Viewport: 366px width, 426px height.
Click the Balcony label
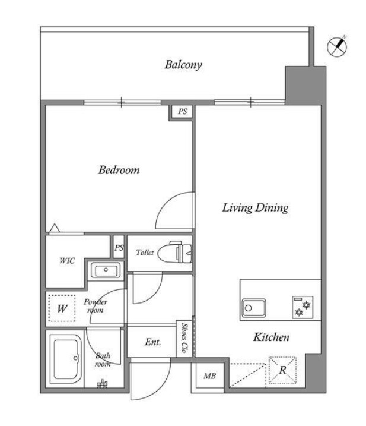183,65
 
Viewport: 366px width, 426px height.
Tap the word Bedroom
119,170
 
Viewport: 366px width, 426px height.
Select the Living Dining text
255,208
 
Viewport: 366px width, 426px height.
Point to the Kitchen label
271,337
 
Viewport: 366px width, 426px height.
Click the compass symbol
337,47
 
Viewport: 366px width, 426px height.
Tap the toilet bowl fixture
174,252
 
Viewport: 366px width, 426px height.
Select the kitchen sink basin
254,308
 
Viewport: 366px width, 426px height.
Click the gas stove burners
303,307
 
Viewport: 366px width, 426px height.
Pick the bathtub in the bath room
66,359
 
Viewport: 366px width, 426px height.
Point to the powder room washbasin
106,270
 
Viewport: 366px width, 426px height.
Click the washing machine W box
62,308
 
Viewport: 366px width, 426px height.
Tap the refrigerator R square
282,370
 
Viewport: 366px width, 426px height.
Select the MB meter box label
210,376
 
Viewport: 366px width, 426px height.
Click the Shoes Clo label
184,337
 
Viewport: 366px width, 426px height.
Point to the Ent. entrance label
153,342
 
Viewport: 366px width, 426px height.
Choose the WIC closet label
67,261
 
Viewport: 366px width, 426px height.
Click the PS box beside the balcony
182,112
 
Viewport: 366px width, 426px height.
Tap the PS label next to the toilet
119,248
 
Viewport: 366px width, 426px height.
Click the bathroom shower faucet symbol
102,384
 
